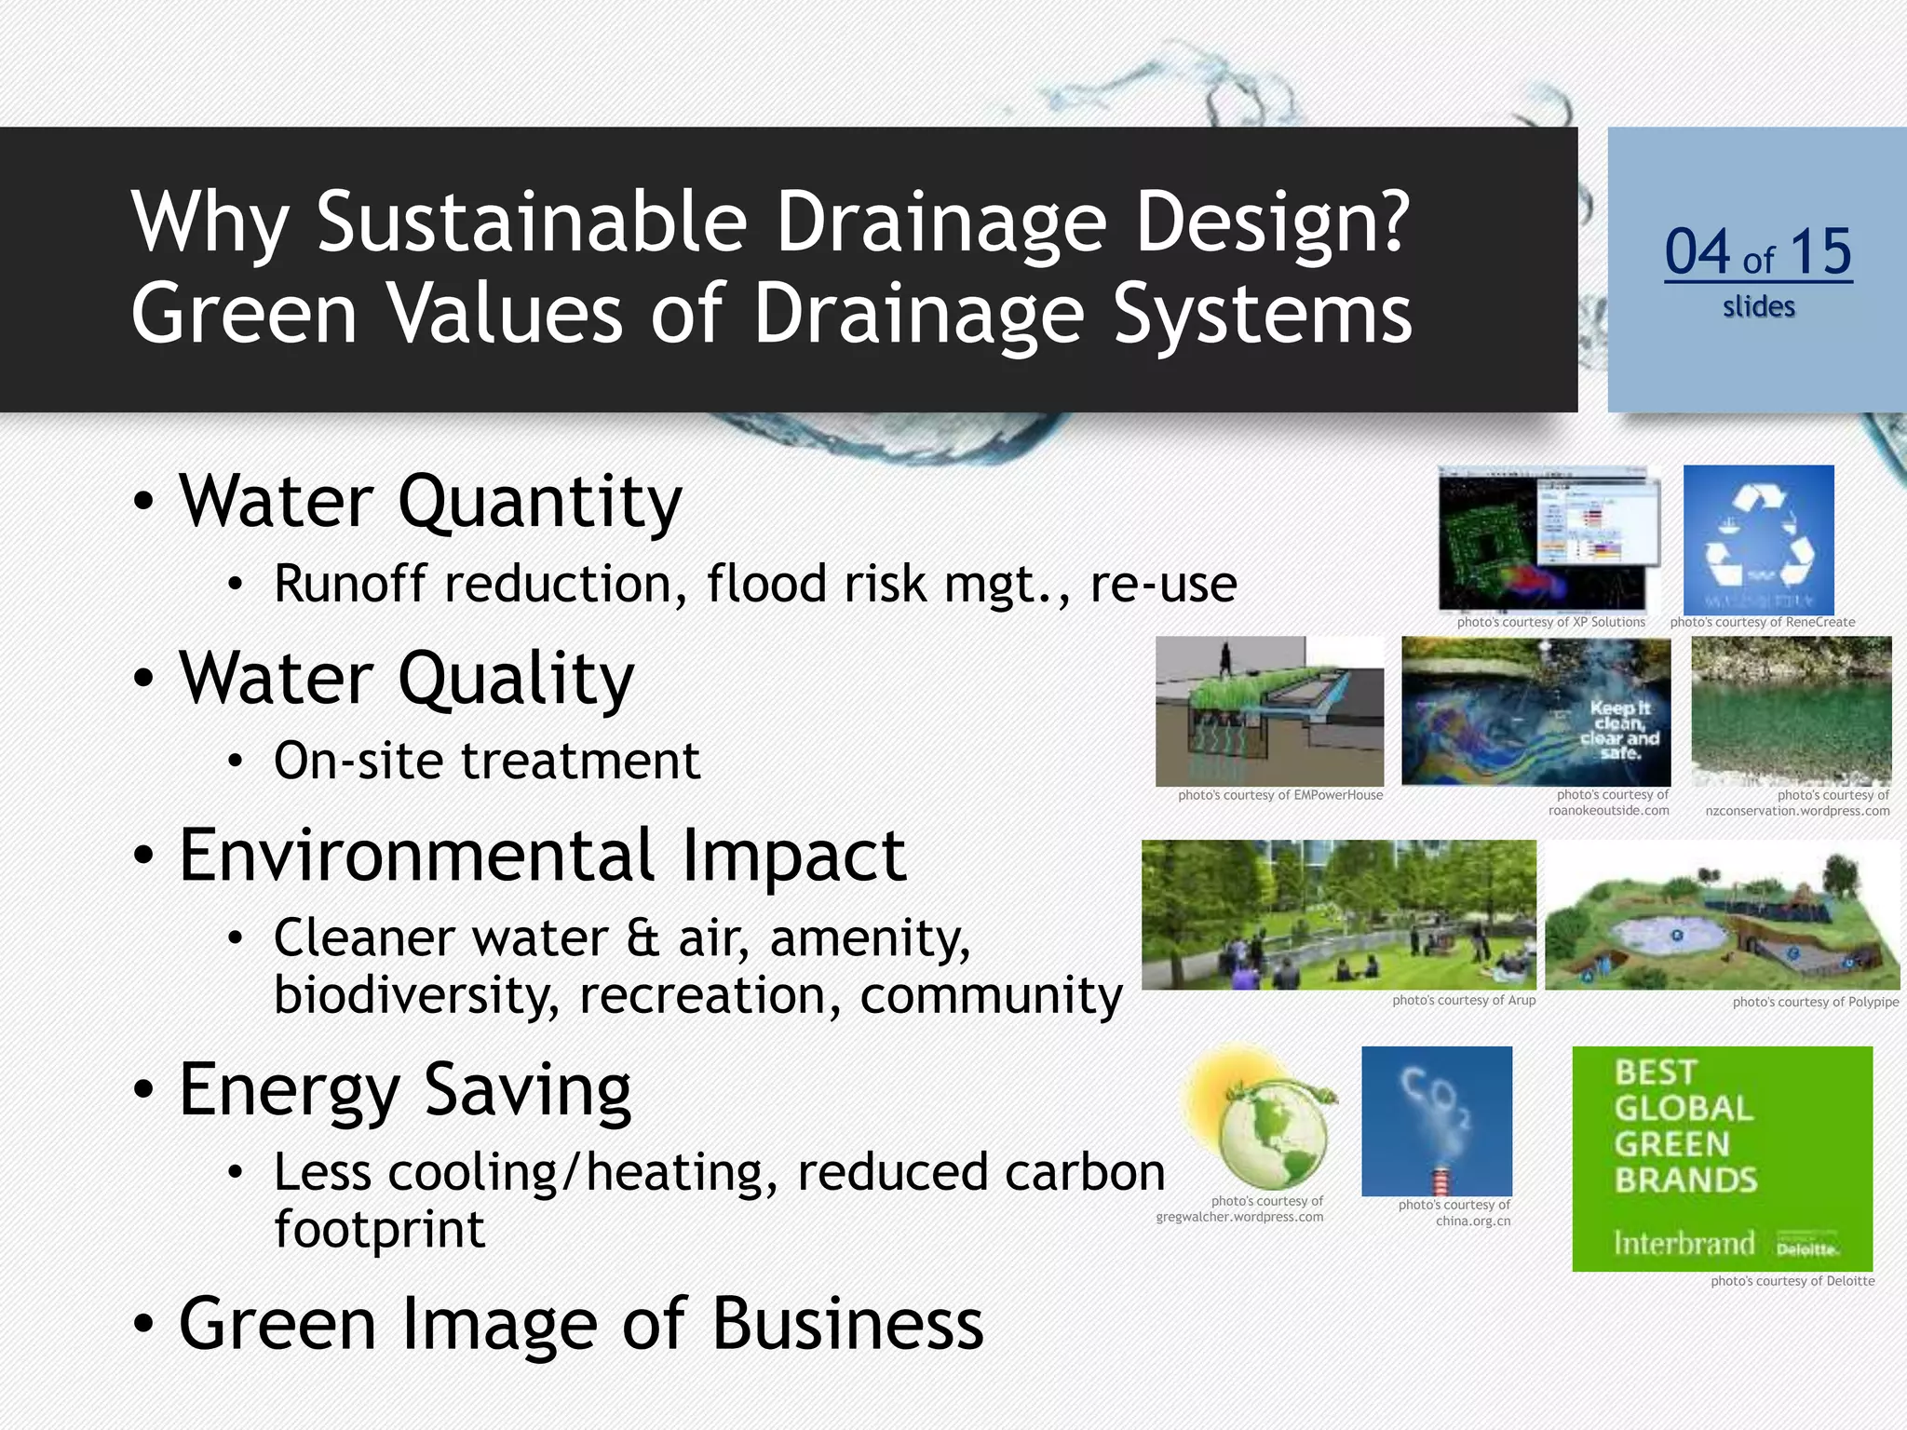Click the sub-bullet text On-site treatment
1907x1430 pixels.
click(x=486, y=761)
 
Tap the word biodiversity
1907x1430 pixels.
click(x=416, y=995)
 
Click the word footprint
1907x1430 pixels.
click(x=379, y=1229)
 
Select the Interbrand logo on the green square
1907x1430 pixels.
click(x=1684, y=1244)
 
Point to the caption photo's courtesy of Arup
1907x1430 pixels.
click(x=1463, y=1001)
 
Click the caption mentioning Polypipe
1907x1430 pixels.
click(x=1815, y=1003)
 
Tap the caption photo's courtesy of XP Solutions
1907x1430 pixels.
click(x=1550, y=623)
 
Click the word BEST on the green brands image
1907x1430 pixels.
click(x=1656, y=1072)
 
